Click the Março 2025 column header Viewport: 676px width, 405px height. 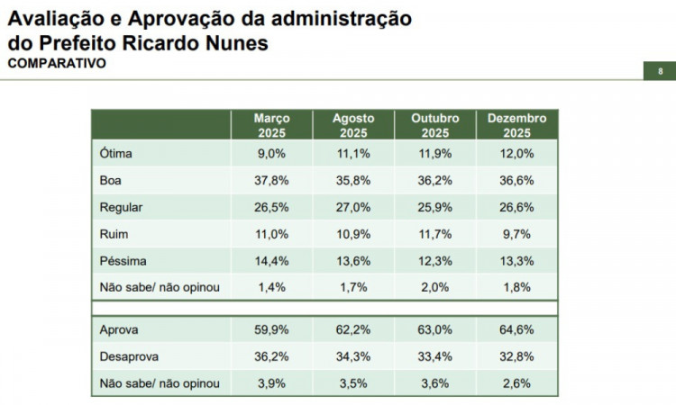(271, 125)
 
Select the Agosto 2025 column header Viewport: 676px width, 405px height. (353, 125)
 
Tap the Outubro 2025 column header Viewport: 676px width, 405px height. (435, 125)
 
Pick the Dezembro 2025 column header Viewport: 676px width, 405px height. (516, 125)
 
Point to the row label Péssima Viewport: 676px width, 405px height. (123, 261)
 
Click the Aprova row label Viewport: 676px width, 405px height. (119, 329)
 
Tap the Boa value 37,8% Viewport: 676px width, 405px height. (271, 180)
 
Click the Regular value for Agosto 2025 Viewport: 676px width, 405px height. (353, 207)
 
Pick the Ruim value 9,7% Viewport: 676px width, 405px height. (516, 234)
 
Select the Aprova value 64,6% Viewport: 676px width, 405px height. (516, 329)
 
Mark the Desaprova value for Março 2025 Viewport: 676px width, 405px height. (271, 356)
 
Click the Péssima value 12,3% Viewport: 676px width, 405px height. (435, 261)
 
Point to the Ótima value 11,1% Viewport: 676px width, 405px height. (353, 153)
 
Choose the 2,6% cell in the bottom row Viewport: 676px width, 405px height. (516, 383)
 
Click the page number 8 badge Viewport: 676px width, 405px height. (661, 72)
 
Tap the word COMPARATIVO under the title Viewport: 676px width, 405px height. (57, 64)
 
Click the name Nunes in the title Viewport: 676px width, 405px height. (237, 42)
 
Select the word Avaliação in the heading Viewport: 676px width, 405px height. (54, 18)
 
